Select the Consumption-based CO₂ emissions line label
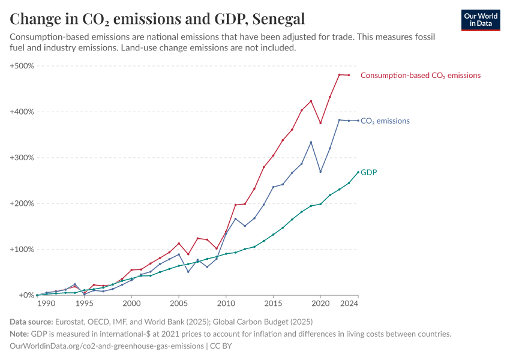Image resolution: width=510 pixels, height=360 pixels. [x=420, y=76]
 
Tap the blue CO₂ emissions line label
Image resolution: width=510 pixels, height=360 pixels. [x=385, y=121]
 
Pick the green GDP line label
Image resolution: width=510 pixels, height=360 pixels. [x=368, y=172]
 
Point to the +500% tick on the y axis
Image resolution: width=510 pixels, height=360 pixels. [x=22, y=65]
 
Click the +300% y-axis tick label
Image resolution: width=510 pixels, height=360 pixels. [x=22, y=158]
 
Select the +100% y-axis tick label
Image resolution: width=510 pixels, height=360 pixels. [x=22, y=250]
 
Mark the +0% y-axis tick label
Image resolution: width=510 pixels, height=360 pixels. [x=25, y=295]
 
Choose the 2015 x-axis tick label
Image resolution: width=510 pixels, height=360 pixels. [x=273, y=304]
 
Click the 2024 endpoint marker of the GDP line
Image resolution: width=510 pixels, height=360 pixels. [x=358, y=172]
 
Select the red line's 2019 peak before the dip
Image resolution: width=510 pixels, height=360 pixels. [x=311, y=101]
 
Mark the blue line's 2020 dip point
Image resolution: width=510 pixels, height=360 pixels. [x=320, y=172]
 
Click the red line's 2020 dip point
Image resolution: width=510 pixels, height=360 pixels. [x=320, y=123]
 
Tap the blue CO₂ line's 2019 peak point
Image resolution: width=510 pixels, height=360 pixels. [x=311, y=142]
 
